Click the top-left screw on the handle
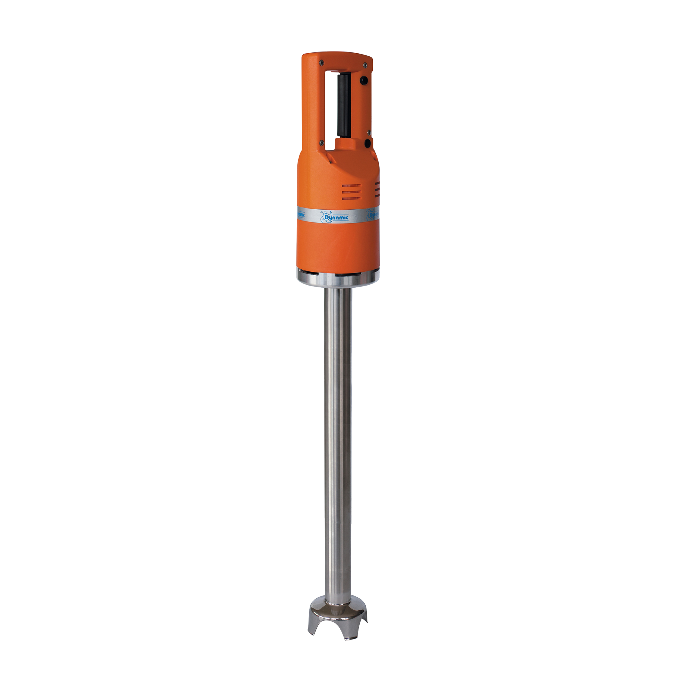(321, 63)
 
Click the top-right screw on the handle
(365, 64)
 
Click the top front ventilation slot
(351, 186)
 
